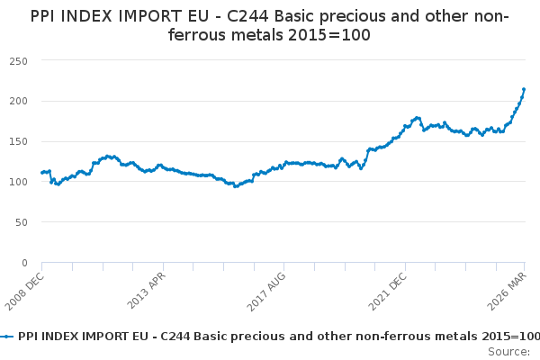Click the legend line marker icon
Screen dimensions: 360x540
click(x=7, y=336)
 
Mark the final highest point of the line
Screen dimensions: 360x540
click(x=524, y=89)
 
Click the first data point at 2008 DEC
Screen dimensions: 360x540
click(x=41, y=172)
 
